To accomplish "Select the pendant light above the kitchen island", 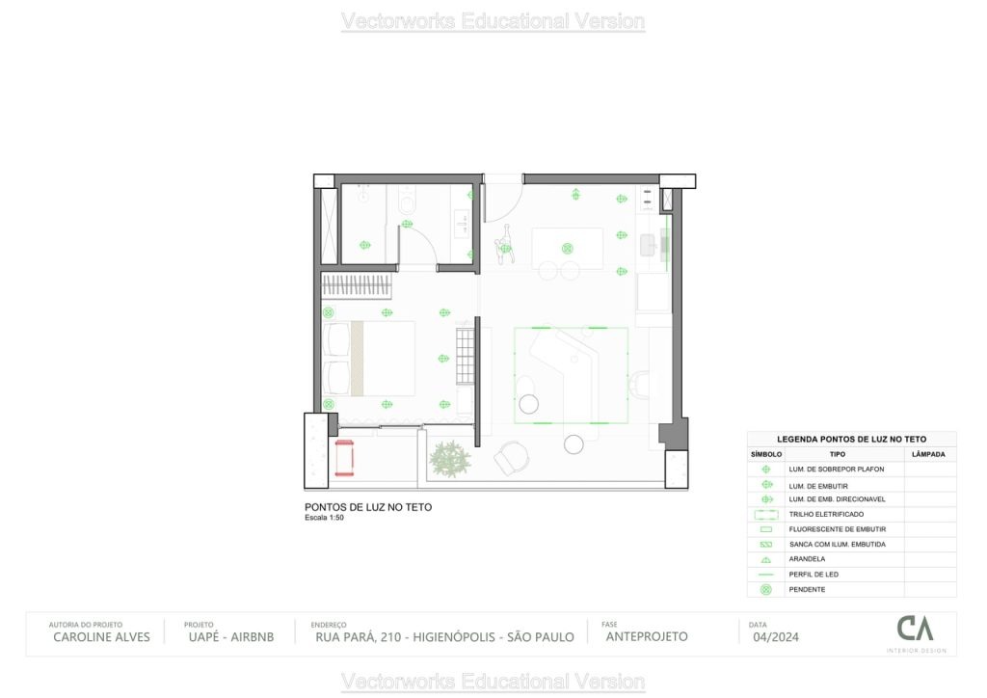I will tap(567, 248).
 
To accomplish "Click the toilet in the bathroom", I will tap(407, 204).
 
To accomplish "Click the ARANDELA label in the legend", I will tap(806, 559).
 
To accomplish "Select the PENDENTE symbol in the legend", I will tap(766, 589).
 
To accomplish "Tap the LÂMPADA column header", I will tap(928, 454).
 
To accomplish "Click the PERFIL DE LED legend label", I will tap(813, 575).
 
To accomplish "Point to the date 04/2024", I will tap(775, 636).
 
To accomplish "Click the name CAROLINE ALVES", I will tap(101, 636).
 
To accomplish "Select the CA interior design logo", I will tap(915, 631).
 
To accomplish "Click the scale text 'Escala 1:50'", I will tap(324, 518).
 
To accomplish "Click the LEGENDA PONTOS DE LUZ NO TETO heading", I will tap(851, 439).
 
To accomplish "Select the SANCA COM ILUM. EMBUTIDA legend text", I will tap(837, 545).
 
